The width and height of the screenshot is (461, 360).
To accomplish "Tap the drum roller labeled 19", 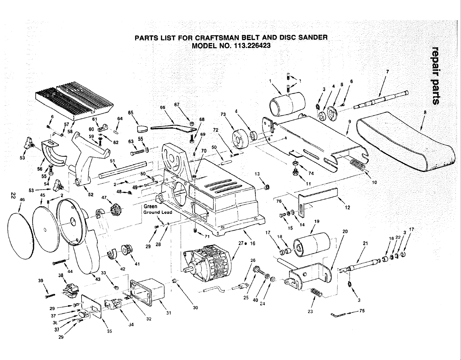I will pyautogui.click(x=312, y=245).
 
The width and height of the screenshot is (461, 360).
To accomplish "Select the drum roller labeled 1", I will pyautogui.click(x=287, y=105).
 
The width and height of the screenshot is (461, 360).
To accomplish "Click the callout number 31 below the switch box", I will pyautogui.click(x=168, y=313).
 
